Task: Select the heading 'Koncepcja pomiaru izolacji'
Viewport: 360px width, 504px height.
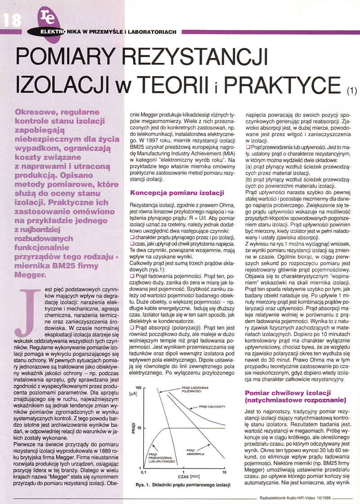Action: coord(177,193)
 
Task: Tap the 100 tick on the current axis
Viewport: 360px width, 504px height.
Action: coord(138,386)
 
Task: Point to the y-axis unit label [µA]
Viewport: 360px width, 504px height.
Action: coord(133,393)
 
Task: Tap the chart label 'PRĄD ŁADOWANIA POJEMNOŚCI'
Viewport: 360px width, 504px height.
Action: coord(194,389)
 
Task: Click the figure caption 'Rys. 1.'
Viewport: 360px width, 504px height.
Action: coord(144,485)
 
